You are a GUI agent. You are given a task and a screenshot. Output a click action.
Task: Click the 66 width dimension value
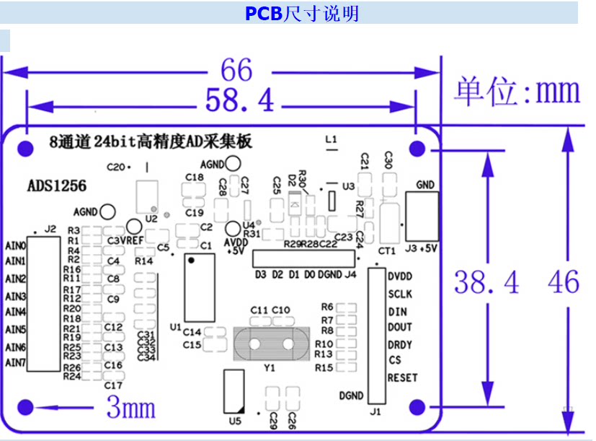236,70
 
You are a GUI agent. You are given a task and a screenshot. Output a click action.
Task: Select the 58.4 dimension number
239,100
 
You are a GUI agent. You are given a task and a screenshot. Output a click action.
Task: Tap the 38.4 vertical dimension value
486,282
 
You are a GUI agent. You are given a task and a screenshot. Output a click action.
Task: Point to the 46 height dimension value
564,282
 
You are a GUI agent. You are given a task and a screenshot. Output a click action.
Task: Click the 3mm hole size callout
130,407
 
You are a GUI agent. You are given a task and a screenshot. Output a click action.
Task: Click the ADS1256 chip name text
57,185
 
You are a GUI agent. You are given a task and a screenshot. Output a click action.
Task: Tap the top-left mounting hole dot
25,149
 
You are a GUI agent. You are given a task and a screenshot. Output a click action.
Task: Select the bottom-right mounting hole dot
417,407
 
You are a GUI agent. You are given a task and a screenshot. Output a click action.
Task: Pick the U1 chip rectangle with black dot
200,288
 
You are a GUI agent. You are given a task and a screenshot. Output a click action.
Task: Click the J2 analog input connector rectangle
44,304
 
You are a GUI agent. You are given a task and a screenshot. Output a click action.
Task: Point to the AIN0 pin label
16,246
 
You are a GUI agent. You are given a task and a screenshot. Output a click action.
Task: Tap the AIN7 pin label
16,362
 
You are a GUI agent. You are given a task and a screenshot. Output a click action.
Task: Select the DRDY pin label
400,345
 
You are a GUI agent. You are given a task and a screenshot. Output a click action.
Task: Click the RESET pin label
403,377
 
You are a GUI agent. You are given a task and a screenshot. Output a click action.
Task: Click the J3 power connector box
422,216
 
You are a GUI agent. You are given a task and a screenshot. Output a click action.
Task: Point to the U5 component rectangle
233,391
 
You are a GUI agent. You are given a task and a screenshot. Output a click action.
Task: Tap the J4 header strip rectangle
303,258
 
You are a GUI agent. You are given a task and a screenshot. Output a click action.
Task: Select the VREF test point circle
134,227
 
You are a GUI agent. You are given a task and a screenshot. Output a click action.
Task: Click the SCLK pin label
400,294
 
